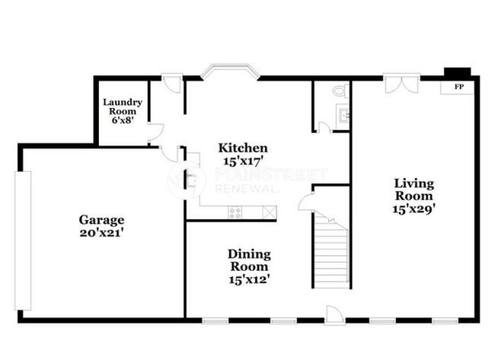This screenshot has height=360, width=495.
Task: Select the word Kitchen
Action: pyautogui.click(x=243, y=148)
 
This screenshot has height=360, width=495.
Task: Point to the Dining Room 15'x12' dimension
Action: pyautogui.click(x=249, y=279)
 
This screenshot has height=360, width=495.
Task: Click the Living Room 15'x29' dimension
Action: pyautogui.click(x=414, y=207)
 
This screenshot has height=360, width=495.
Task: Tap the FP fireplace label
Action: pyautogui.click(x=458, y=87)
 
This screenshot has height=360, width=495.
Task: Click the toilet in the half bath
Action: pyautogui.click(x=340, y=91)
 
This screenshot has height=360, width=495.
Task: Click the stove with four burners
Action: pyautogui.click(x=235, y=212)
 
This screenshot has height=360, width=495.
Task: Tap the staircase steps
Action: pyautogui.click(x=332, y=251)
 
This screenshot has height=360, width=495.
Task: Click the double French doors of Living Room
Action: pyautogui.click(x=400, y=84)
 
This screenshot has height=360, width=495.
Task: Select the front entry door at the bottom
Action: pyautogui.click(x=334, y=314)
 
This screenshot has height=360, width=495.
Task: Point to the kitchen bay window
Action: pyautogui.click(x=230, y=73)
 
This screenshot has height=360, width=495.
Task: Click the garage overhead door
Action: pyautogui.click(x=24, y=240)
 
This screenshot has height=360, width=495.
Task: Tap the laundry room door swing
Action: pyautogui.click(x=156, y=132)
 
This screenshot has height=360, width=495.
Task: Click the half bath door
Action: pyautogui.click(x=324, y=127)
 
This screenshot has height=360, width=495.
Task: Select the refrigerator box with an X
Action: pyautogui.click(x=269, y=212)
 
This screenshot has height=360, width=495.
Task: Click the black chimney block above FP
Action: pyautogui.click(x=458, y=72)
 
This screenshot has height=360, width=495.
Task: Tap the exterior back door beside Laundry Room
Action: pyautogui.click(x=172, y=82)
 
